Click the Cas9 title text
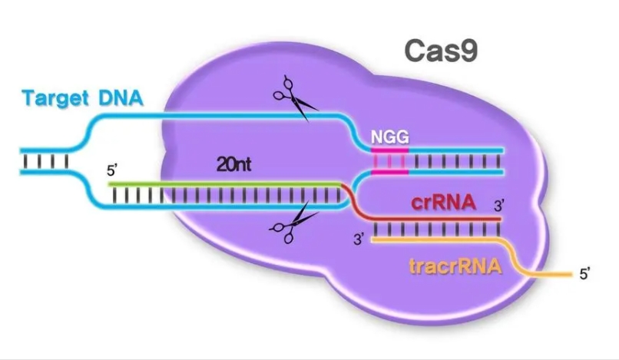point(441,51)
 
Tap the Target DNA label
point(82,98)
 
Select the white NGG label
point(390,137)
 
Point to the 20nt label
point(233,164)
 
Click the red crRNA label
point(443,203)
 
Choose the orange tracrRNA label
point(455,266)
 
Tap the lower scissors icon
point(293,223)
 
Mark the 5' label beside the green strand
point(111,171)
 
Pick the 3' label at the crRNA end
point(499,206)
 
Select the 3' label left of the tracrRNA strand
point(359,239)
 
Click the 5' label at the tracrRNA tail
point(584,274)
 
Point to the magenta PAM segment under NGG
point(390,150)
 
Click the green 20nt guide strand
point(225,184)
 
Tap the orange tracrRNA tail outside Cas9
point(553,274)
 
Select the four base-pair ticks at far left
point(46,161)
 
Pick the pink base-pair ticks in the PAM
point(390,161)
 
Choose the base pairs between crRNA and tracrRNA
point(436,230)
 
